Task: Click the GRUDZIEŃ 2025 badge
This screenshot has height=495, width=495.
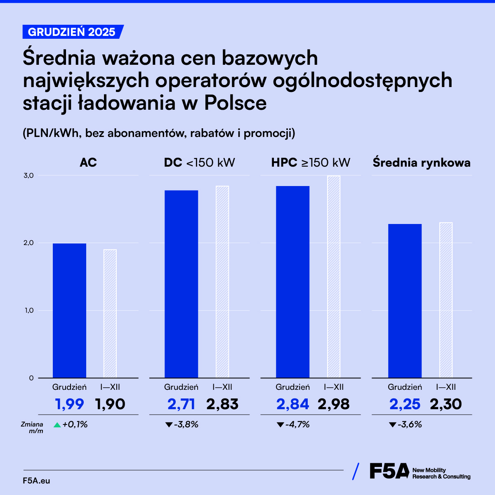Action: pyautogui.click(x=72, y=32)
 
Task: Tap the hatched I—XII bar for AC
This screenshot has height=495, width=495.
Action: pyautogui.click(x=110, y=313)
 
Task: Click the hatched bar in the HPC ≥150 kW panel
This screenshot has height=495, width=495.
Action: pyautogui.click(x=334, y=276)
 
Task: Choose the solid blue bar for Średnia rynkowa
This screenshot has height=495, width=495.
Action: pyautogui.click(x=405, y=301)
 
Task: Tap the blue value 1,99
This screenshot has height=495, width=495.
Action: pyautogui.click(x=69, y=404)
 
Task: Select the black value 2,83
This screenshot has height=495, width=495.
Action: pyautogui.click(x=222, y=404)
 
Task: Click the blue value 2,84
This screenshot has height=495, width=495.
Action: pyautogui.click(x=292, y=404)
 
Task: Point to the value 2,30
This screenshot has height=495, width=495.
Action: pyautogui.click(x=446, y=404)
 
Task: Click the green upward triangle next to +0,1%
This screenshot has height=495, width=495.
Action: pyautogui.click(x=57, y=424)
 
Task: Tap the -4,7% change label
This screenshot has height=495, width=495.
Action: pyautogui.click(x=297, y=424)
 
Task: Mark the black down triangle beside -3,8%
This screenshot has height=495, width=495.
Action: pyautogui.click(x=169, y=424)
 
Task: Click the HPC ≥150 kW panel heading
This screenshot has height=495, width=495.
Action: pyautogui.click(x=311, y=163)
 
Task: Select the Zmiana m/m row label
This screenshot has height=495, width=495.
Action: pyautogui.click(x=32, y=427)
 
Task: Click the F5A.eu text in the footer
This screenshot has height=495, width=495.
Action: pyautogui.click(x=37, y=481)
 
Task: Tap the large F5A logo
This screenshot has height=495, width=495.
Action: pyautogui.click(x=389, y=471)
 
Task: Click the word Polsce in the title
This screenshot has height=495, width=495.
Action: pyautogui.click(x=236, y=103)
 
